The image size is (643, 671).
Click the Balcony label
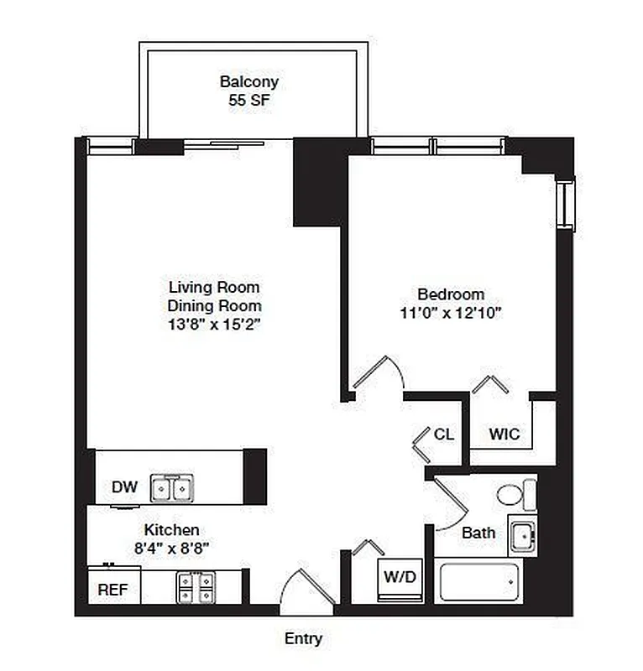249,82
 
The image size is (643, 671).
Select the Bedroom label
451,294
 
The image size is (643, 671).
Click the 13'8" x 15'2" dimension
214,325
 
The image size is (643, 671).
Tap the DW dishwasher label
124,487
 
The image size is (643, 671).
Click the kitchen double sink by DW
172,487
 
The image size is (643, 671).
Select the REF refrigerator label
113,590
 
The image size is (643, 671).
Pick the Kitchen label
172,530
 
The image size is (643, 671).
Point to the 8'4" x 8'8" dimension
172,548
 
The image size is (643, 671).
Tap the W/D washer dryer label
400,577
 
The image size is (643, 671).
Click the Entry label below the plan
303,639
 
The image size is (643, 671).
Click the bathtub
480,582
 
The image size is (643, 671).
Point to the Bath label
478,533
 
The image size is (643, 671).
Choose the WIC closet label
504,434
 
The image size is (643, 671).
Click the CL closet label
444,434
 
